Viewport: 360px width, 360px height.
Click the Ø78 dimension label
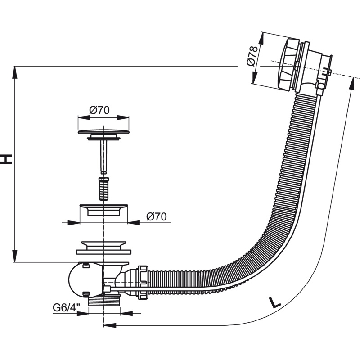(252, 56)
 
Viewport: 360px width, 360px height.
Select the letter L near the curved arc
(274, 302)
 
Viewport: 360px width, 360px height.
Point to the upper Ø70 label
(99, 110)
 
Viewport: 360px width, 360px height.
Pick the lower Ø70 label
(156, 217)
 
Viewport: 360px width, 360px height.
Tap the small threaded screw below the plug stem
(104, 189)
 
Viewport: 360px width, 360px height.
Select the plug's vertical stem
(104, 157)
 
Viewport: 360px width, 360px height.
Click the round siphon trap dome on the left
(78, 279)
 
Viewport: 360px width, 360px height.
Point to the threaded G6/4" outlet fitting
(104, 301)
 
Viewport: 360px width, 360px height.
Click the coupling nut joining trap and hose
(143, 283)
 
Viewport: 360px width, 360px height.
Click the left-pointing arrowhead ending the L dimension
(110, 325)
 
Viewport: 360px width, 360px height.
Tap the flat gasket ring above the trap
(103, 252)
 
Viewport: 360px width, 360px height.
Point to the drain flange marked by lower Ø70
(103, 210)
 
